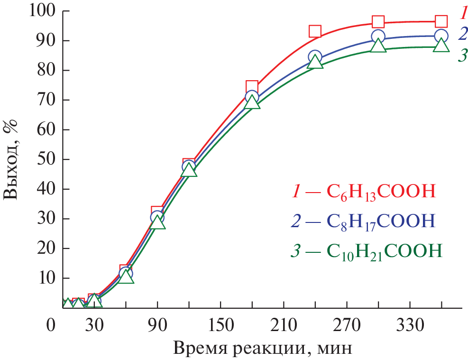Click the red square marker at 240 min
[x=315, y=31]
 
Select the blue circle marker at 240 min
[x=315, y=57]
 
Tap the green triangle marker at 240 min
[x=315, y=62]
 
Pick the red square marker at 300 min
[x=378, y=21]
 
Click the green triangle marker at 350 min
[x=441, y=45]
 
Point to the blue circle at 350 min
[x=441, y=36]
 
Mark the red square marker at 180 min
[x=252, y=87]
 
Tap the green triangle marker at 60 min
[x=126, y=277]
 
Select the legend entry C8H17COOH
[x=363, y=221]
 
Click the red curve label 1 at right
[x=461, y=13]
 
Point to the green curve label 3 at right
[x=461, y=55]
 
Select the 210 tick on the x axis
[x=284, y=326]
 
